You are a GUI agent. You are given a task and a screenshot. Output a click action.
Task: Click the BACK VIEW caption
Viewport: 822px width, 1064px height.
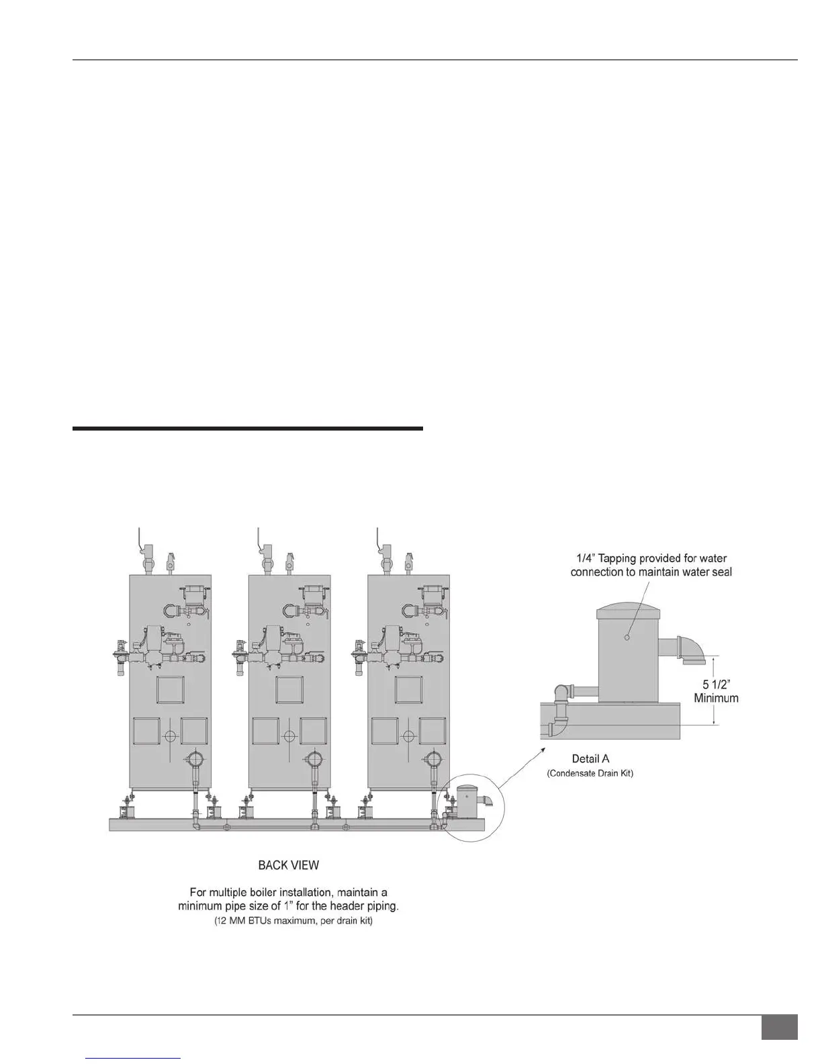click(x=288, y=866)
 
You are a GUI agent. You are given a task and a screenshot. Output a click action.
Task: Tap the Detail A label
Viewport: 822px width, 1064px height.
click(x=590, y=759)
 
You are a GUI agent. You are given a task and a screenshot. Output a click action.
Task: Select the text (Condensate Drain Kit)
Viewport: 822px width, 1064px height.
click(x=590, y=774)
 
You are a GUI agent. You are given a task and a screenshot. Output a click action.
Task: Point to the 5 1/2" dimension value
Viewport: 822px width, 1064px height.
click(x=716, y=684)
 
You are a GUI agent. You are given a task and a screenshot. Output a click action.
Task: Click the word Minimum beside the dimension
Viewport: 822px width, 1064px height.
click(x=716, y=698)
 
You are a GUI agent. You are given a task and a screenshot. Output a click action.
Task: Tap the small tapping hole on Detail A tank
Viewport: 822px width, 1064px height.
click(x=627, y=637)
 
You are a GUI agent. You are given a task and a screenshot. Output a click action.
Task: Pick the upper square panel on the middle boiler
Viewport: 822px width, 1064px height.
click(x=289, y=690)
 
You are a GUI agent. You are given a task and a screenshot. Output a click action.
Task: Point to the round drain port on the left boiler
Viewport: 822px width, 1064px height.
click(x=194, y=760)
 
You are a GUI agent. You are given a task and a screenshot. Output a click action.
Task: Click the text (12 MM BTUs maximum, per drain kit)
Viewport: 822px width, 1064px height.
click(x=288, y=921)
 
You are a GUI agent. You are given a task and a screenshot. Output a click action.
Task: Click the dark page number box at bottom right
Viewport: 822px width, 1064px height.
click(x=779, y=1027)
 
